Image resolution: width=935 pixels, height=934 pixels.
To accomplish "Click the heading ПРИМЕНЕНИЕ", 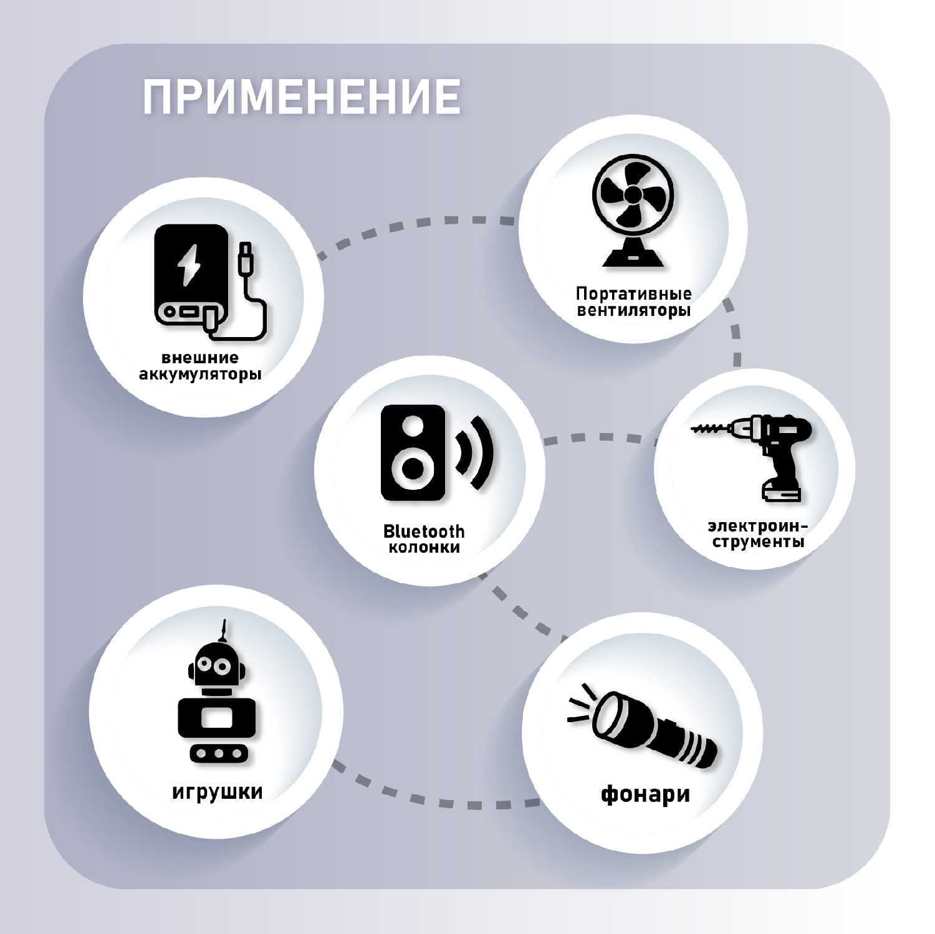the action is pos(302,97).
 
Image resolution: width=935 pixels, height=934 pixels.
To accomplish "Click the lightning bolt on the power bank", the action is pos(188,265).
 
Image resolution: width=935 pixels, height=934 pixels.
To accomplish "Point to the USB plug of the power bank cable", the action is pos(246,257).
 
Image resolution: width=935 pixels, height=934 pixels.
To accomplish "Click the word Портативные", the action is pos(633,293).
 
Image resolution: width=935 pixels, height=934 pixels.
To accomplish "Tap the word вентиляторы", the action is pos(633,310).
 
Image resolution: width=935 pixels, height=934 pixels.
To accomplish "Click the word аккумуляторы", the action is pos(200,374).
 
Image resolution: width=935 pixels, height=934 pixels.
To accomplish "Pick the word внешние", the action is pos(200,358).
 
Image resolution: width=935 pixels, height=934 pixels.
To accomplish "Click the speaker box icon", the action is pos(413,452).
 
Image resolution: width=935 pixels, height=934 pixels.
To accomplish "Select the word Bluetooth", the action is pos(424,531).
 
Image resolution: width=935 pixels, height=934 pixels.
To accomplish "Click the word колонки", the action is pos(424,548).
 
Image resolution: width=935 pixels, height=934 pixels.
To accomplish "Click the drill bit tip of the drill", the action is pos(693,429).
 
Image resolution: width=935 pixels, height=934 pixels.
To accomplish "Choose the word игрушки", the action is pos(217,792).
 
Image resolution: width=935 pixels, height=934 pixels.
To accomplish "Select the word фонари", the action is pos(645,794).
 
